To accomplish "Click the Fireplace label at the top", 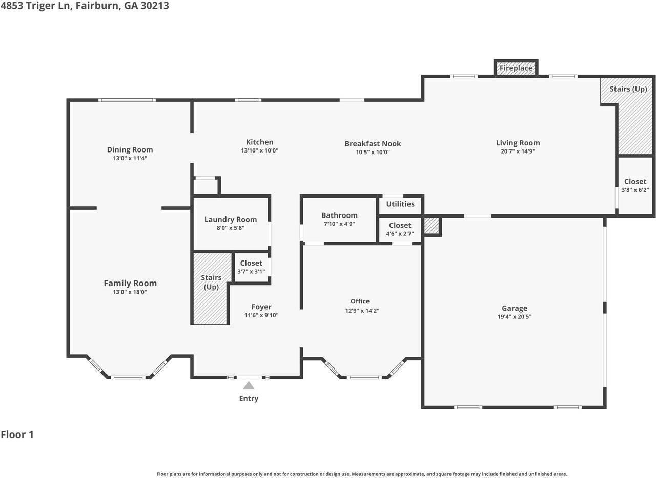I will [x=516, y=68].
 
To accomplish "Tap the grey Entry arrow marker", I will [x=249, y=386].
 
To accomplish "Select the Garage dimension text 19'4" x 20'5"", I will [x=514, y=317].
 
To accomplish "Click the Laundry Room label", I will [x=231, y=220].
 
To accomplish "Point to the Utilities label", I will [x=400, y=204].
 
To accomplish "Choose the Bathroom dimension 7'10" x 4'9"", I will [x=339, y=224].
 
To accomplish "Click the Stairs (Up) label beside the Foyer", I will [x=211, y=282].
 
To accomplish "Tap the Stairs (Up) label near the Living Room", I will [x=628, y=89].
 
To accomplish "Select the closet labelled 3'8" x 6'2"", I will [x=635, y=185].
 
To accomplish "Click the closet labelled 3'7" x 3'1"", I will [x=251, y=267].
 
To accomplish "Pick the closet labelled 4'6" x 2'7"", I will [x=400, y=229].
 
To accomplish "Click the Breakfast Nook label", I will [x=373, y=144].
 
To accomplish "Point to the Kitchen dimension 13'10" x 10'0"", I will [x=259, y=151].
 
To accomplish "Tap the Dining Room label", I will [x=130, y=150].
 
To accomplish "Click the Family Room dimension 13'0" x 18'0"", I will [x=130, y=292].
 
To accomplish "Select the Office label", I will [x=360, y=301].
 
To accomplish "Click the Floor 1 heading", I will [x=17, y=435].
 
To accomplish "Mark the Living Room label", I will [x=518, y=143].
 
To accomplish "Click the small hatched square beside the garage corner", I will [x=432, y=226].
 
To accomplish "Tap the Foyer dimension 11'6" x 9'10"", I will [x=261, y=315].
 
